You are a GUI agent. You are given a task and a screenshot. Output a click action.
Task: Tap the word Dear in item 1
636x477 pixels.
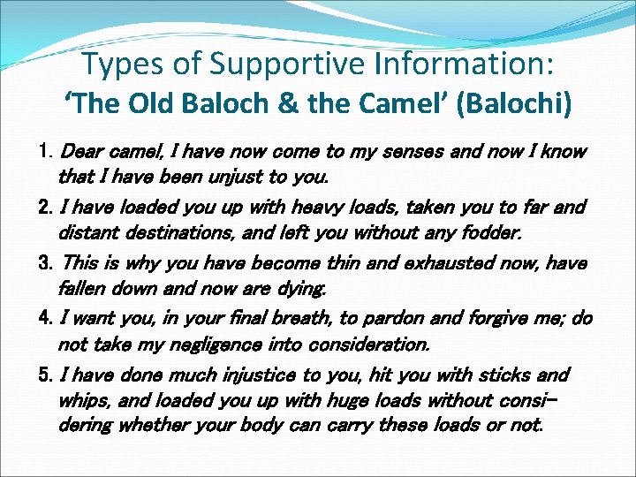[80, 152]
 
